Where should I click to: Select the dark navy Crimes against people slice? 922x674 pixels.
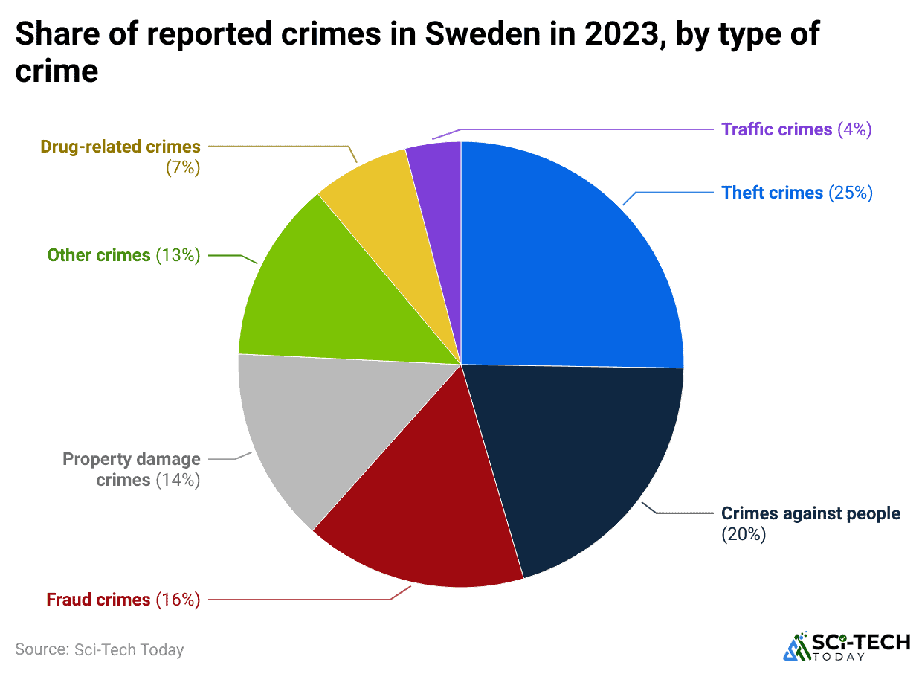(573, 461)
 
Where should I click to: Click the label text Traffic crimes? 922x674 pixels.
(776, 129)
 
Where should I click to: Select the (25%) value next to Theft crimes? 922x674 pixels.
(849, 193)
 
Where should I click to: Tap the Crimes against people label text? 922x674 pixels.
(810, 513)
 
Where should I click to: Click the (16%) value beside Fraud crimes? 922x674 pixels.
(178, 599)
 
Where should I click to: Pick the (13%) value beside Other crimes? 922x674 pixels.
(178, 255)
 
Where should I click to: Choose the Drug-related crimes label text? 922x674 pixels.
(120, 147)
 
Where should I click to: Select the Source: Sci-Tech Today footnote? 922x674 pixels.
(99, 649)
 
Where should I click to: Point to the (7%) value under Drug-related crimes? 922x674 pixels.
(183, 167)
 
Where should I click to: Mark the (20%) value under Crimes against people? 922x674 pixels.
(744, 534)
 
